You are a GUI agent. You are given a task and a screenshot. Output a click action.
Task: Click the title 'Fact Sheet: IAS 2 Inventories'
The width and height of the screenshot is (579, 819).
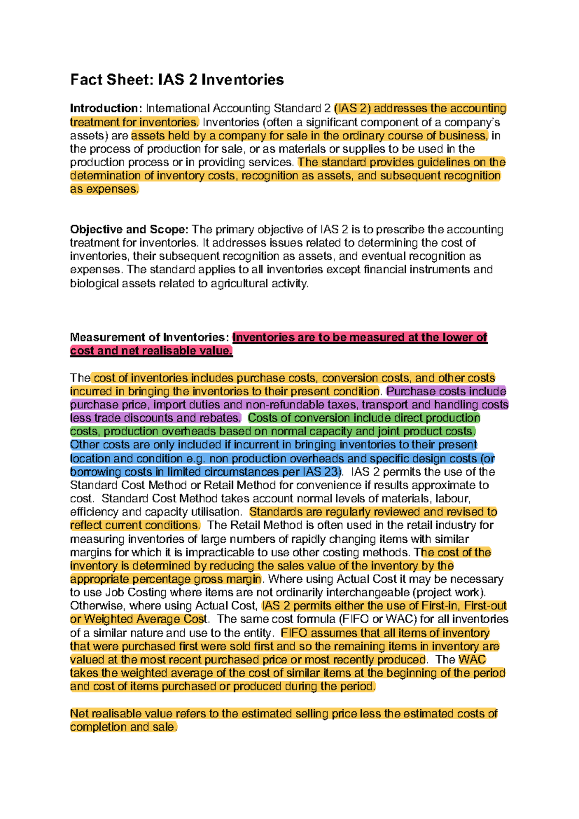[177, 80]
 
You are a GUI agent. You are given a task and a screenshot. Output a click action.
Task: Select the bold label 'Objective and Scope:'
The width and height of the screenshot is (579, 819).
[129, 229]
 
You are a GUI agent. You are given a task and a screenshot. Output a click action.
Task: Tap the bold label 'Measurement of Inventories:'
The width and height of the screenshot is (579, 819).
[149, 337]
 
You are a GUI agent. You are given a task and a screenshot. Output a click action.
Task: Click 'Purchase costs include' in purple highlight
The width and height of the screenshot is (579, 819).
[446, 391]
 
